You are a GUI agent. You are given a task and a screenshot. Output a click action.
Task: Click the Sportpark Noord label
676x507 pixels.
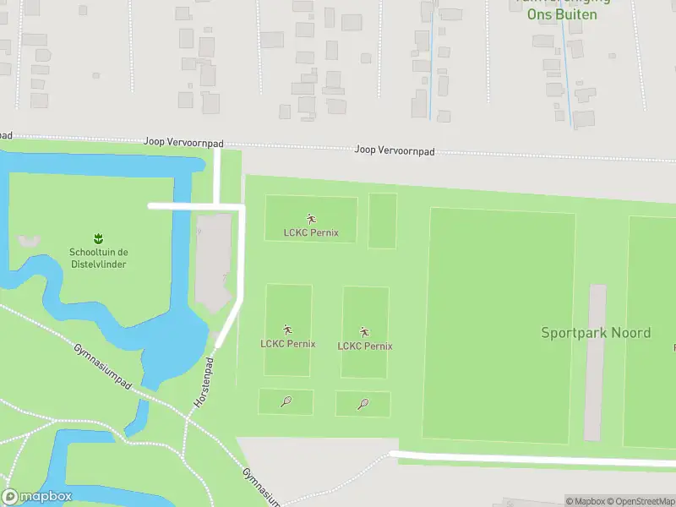click(596, 332)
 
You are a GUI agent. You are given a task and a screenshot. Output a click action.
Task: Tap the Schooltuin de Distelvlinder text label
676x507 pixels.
click(99, 258)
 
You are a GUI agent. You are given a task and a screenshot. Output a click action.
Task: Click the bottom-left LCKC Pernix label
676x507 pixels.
click(288, 344)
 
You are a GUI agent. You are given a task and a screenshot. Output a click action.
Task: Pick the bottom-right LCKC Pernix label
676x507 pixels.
click(365, 346)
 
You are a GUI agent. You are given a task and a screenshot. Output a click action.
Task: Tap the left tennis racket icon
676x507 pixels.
click(286, 402)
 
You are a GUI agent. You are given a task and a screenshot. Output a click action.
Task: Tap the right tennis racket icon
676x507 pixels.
click(363, 404)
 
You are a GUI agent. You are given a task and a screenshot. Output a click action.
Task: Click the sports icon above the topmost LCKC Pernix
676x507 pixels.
click(311, 219)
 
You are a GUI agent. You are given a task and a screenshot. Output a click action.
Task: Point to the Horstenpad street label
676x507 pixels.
click(205, 383)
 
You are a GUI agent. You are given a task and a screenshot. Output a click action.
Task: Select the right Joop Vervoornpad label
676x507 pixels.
click(394, 150)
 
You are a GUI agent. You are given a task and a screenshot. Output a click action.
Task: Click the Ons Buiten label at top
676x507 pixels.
click(561, 14)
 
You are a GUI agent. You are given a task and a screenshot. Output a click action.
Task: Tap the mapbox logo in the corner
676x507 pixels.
click(37, 497)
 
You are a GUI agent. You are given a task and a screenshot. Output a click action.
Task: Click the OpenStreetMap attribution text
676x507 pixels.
click(639, 501)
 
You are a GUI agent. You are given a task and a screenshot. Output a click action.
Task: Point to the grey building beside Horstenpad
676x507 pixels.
click(213, 262)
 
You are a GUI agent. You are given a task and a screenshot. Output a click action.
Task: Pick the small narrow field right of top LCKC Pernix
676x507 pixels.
click(383, 221)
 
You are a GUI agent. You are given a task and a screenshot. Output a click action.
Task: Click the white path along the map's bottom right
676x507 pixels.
click(532, 459)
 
